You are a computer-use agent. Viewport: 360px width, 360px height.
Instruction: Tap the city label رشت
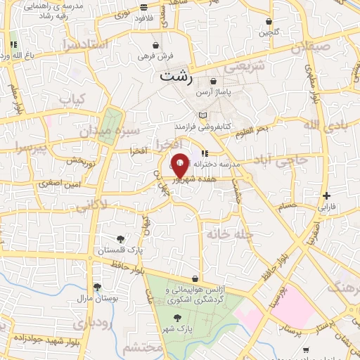175,76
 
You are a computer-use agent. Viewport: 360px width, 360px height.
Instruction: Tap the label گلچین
269,32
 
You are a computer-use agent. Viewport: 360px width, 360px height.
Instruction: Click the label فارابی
327,207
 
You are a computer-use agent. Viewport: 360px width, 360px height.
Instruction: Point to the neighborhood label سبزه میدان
119,131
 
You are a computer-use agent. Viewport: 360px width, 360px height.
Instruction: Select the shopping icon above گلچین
269,21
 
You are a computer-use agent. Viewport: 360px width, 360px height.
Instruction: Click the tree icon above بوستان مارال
96,287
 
